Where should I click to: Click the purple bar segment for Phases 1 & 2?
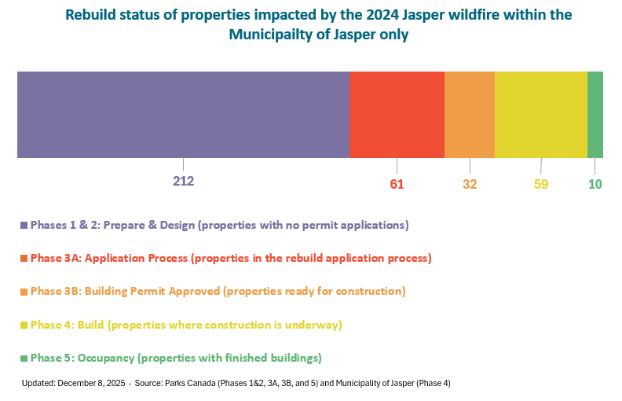pos(183,115)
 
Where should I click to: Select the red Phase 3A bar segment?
pos(397,115)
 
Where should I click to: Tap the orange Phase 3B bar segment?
pos(470,115)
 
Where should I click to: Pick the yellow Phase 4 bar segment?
pos(541,115)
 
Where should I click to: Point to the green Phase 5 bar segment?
pos(595,115)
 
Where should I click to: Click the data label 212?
pos(183,181)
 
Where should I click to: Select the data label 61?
pos(397,185)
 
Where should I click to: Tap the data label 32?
pos(470,185)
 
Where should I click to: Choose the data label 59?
pos(541,185)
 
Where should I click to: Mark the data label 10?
pos(595,185)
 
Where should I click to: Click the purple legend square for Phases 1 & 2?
pos(24,226)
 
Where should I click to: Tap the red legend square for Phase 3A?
pos(24,259)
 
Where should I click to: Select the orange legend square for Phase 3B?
pos(24,292)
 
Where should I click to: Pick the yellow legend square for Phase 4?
pos(24,325)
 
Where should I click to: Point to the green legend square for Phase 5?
pos(24,359)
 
